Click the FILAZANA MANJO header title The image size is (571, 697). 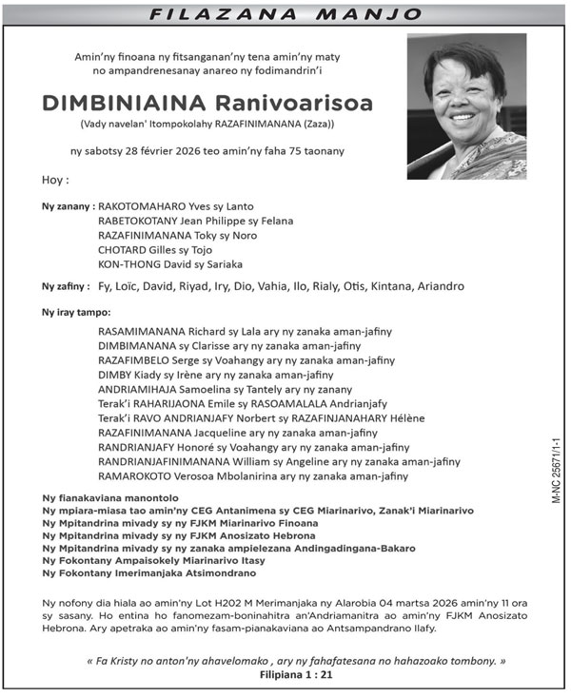[x=285, y=13]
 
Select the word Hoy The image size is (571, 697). [x=55, y=181]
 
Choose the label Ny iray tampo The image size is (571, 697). [x=76, y=312]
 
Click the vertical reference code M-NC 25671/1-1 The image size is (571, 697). [x=556, y=471]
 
